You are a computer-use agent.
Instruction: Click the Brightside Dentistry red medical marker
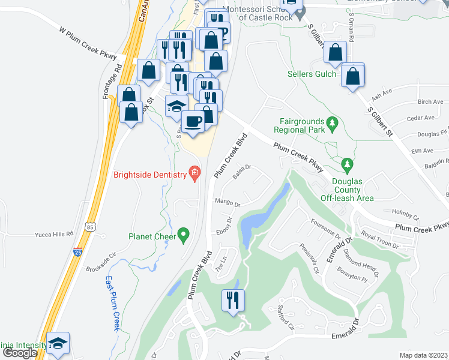click(x=194, y=175)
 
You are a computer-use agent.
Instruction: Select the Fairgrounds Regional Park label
click(x=299, y=125)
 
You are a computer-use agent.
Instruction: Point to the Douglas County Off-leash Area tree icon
click(x=346, y=164)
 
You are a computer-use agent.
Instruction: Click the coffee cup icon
click(x=193, y=121)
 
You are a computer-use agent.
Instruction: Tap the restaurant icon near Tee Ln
click(x=233, y=299)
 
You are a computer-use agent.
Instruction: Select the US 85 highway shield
click(x=89, y=227)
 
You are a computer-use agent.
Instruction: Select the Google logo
click(x=20, y=353)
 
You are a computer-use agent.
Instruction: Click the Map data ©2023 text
click(x=424, y=355)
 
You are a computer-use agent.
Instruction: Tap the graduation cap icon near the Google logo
click(x=58, y=343)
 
